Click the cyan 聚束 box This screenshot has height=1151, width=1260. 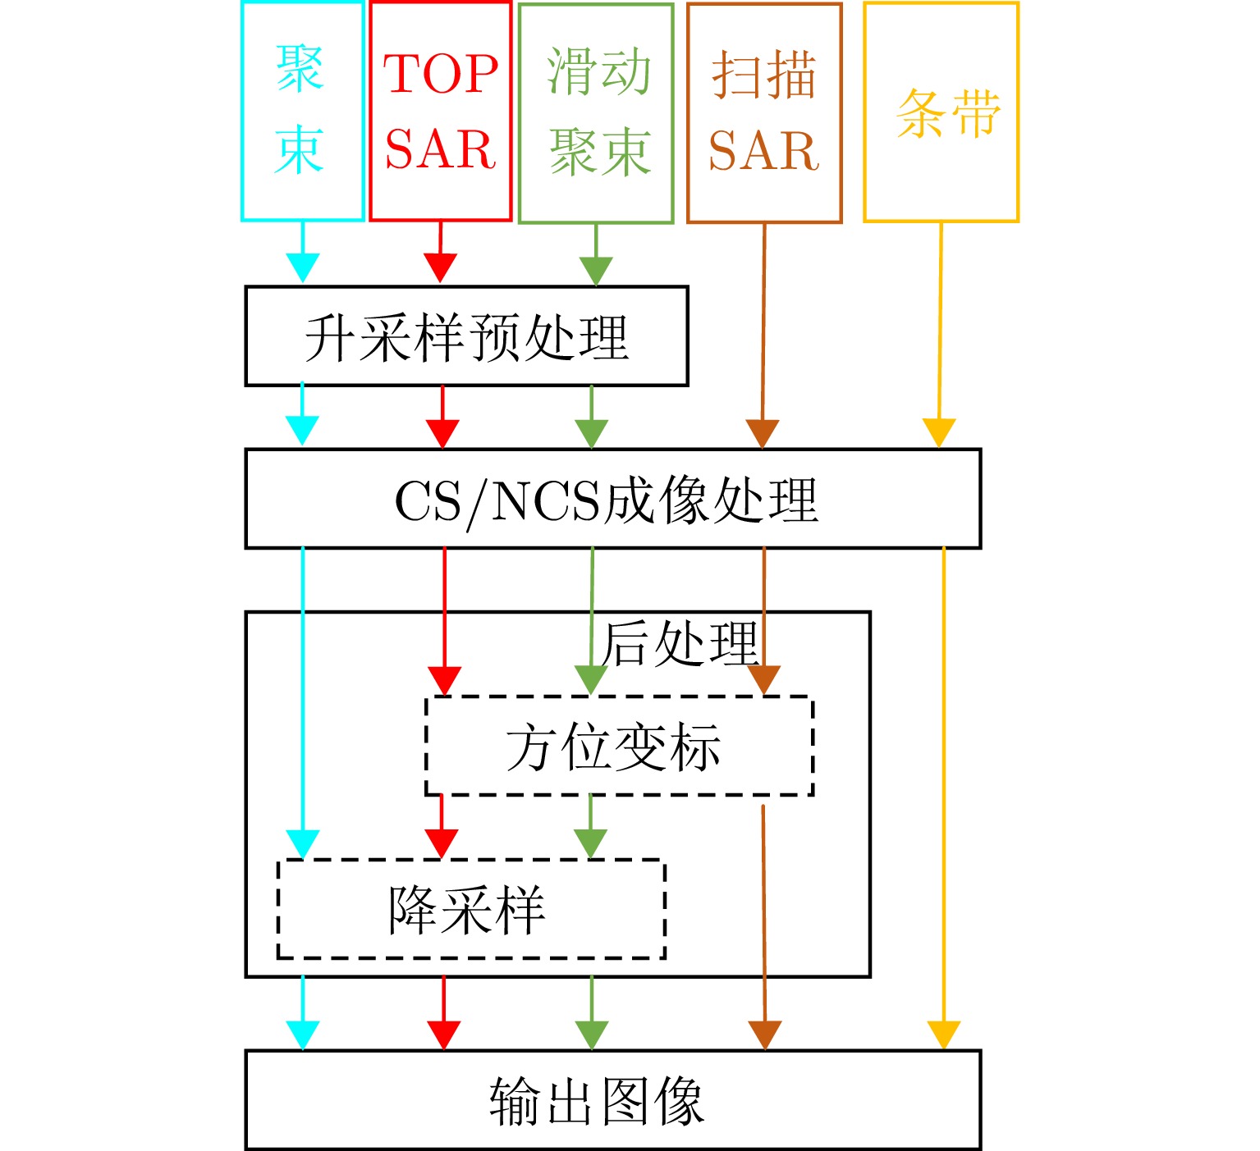coord(302,112)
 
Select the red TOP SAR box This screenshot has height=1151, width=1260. coord(441,112)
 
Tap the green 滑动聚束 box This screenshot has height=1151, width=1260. coord(597,112)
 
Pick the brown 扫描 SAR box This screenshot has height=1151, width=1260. coord(764,112)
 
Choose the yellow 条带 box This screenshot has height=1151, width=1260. coord(942,112)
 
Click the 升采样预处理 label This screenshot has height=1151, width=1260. coord(466,337)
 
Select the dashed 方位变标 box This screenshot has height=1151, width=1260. coord(619,747)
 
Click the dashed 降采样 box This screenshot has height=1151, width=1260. coord(471,910)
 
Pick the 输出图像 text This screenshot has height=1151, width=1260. coord(598,1101)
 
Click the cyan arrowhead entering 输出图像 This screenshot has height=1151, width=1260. coord(303,1035)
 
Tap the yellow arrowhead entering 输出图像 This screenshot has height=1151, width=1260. coord(944,1035)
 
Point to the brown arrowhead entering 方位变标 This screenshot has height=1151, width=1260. coord(764,680)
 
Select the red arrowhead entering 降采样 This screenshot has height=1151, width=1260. coord(442,843)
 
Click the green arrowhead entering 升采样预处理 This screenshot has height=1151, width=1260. coord(596,271)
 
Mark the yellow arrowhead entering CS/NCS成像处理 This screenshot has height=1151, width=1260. coord(939,432)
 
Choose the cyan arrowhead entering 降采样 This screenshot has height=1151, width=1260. coord(303,843)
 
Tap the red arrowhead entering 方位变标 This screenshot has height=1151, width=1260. coord(445,680)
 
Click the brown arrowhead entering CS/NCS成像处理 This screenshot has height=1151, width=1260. coord(763,432)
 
